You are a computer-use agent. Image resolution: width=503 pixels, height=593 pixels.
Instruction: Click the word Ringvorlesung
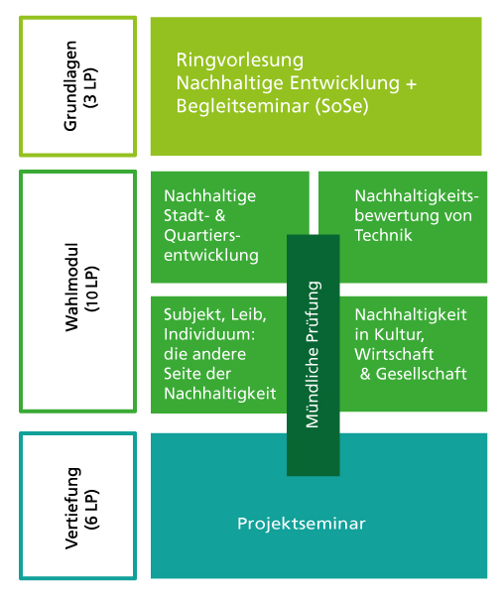click(239, 60)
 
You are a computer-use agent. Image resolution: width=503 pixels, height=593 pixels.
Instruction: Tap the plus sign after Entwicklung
click(412, 83)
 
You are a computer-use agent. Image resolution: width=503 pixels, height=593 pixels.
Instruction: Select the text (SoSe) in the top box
click(341, 106)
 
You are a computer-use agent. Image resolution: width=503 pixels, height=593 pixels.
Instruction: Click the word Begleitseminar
click(242, 106)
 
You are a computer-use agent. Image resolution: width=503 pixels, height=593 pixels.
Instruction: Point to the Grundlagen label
click(70, 86)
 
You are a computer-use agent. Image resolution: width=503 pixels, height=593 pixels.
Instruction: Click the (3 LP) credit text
click(91, 87)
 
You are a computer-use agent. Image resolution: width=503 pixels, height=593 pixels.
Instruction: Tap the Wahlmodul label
click(71, 288)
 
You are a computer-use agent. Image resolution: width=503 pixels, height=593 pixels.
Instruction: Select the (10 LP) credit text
click(92, 289)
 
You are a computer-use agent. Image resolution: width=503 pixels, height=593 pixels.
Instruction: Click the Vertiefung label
click(72, 508)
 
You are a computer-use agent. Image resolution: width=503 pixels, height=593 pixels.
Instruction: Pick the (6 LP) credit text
click(92, 509)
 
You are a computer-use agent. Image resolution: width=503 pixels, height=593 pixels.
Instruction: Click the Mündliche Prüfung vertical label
click(313, 354)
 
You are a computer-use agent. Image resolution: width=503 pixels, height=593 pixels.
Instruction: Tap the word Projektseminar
click(302, 525)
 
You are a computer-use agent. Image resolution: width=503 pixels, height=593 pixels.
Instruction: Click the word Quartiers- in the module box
click(202, 236)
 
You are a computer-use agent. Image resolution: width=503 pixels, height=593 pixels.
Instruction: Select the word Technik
click(383, 235)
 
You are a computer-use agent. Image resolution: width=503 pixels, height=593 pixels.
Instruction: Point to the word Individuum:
click(209, 334)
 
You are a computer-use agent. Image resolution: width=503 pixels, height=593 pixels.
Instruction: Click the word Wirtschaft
click(394, 354)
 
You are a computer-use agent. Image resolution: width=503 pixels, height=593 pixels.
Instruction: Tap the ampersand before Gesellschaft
click(365, 374)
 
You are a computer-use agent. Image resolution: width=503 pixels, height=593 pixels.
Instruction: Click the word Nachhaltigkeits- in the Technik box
click(417, 196)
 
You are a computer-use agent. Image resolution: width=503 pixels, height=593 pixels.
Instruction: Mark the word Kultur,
click(399, 335)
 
